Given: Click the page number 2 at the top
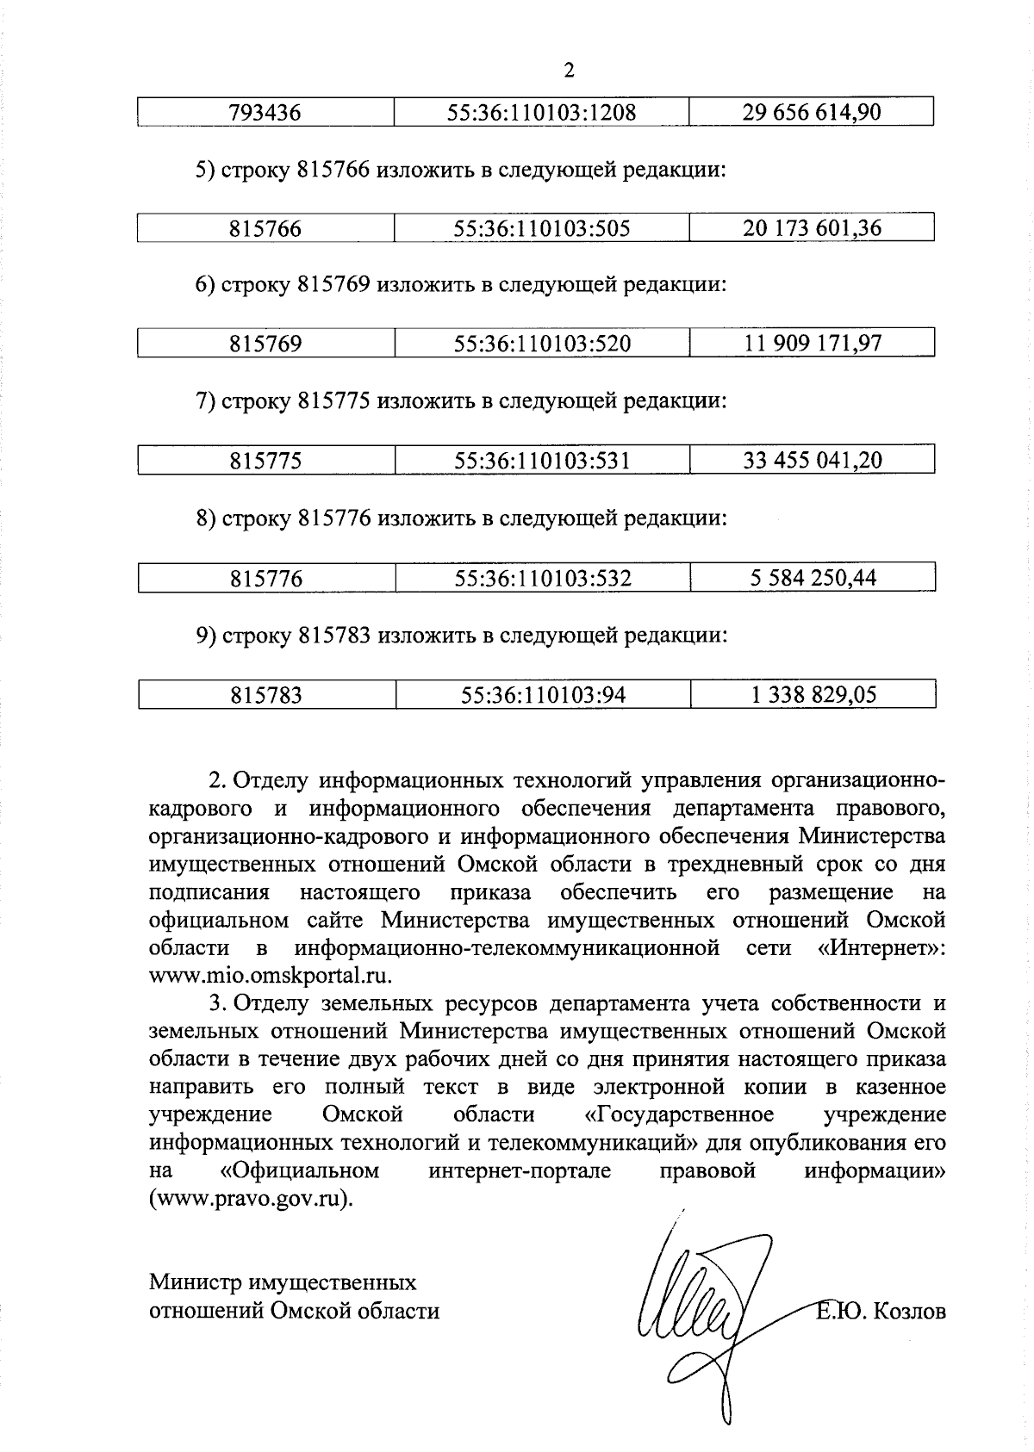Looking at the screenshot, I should coord(568,71).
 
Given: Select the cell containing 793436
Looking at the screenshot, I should coord(265,113).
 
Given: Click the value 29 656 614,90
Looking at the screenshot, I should coord(812,112).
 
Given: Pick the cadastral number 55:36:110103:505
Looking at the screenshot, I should coord(542,229).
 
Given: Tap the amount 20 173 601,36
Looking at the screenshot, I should coord(812,228).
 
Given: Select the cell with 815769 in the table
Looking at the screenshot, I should coord(265,344).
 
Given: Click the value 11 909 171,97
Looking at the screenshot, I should coord(813,344).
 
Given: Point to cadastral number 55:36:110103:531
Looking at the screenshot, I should coord(542,461).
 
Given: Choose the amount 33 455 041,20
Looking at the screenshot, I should coord(813,460).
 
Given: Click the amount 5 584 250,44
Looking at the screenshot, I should coord(813,577).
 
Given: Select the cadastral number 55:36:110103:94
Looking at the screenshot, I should coord(543,695).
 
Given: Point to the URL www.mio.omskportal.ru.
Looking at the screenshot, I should coord(271,976).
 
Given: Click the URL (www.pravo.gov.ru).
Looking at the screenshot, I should coord(251,1199).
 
